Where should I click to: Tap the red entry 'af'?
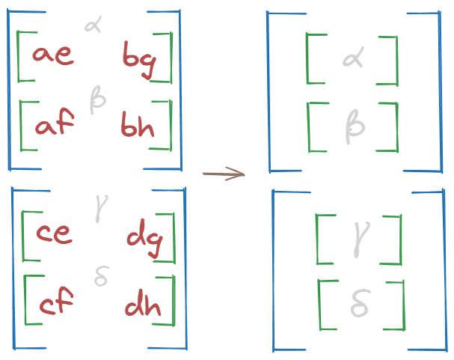[54, 125]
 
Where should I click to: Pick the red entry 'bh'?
[138, 126]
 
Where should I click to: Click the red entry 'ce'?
[54, 234]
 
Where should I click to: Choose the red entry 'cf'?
[55, 305]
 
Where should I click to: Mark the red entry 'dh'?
[143, 306]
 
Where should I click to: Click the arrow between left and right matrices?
[224, 174]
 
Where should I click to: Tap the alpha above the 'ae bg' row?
[94, 26]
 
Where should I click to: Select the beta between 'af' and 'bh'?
[97, 99]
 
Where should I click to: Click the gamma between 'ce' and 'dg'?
[98, 207]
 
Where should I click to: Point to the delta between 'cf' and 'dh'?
[102, 277]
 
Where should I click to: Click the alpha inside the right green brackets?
[352, 58]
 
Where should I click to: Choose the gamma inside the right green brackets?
[357, 239]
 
